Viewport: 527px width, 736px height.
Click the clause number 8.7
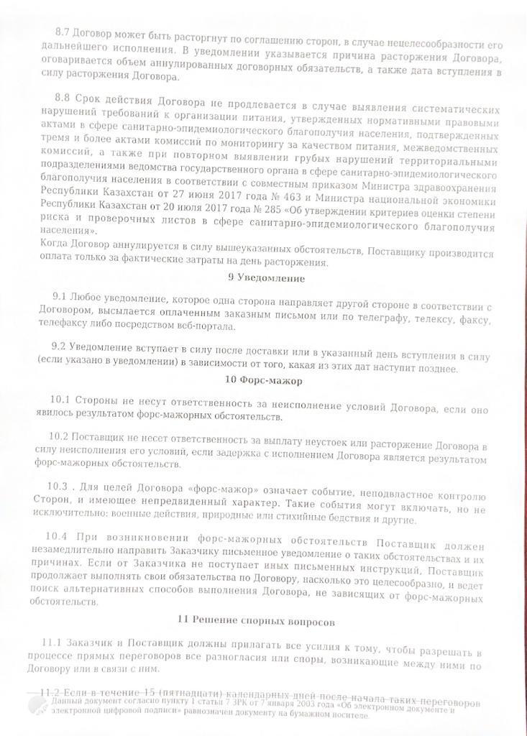tap(63, 32)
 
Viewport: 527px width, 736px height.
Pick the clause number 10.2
tap(60, 436)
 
